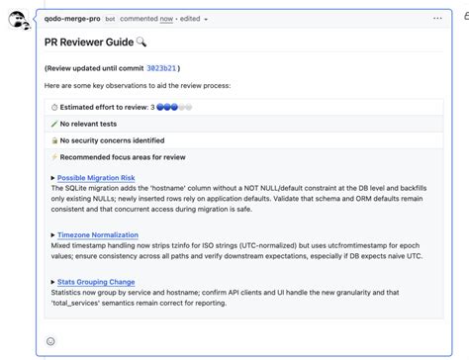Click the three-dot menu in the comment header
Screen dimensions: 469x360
coord(437,18)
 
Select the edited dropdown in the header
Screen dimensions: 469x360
coord(193,18)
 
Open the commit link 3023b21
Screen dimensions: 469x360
coord(161,68)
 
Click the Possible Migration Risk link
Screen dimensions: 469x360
coord(96,177)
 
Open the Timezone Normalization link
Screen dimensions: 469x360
coord(98,234)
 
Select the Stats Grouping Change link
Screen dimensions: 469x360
coord(96,282)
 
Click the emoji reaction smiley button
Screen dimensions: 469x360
coord(50,341)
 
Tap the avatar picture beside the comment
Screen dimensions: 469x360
coord(19,20)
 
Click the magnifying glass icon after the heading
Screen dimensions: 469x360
coord(141,43)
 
